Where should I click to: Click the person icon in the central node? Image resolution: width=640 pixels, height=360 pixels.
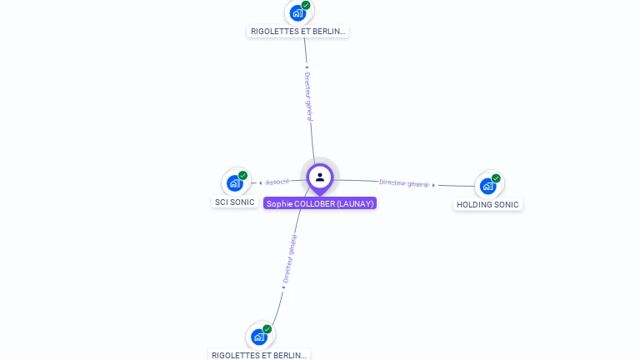(320, 177)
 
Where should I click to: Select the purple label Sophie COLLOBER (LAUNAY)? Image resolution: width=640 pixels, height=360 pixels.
(320, 203)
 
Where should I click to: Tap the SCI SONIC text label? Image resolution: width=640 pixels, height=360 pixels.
(235, 202)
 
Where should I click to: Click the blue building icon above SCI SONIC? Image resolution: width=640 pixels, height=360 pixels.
(234, 183)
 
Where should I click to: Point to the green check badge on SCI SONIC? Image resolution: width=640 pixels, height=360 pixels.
(242, 176)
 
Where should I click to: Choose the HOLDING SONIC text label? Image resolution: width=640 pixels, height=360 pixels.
(487, 205)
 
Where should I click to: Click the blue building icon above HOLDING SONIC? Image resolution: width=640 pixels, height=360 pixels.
(487, 186)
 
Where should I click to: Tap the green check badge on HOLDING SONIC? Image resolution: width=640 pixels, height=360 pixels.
(496, 178)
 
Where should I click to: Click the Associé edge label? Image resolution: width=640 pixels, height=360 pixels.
(278, 182)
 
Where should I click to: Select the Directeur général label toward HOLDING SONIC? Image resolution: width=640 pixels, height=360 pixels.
(403, 183)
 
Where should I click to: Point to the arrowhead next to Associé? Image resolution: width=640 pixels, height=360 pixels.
(261, 183)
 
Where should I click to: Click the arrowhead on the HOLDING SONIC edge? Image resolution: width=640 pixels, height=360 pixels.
(433, 184)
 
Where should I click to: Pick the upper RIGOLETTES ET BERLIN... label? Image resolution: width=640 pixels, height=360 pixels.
(297, 32)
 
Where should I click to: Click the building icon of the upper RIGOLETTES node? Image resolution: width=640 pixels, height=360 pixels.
(297, 13)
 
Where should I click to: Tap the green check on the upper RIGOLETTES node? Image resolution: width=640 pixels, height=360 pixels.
(306, 6)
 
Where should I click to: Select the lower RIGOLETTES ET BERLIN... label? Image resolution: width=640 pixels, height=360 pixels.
(259, 355)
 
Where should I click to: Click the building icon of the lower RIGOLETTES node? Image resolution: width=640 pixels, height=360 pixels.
(258, 337)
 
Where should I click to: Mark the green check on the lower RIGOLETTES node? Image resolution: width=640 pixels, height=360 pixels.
(267, 329)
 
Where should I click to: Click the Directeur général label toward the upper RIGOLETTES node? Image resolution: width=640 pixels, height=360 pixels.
(308, 95)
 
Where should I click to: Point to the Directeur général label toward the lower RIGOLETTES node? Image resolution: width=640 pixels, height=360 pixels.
(289, 259)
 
